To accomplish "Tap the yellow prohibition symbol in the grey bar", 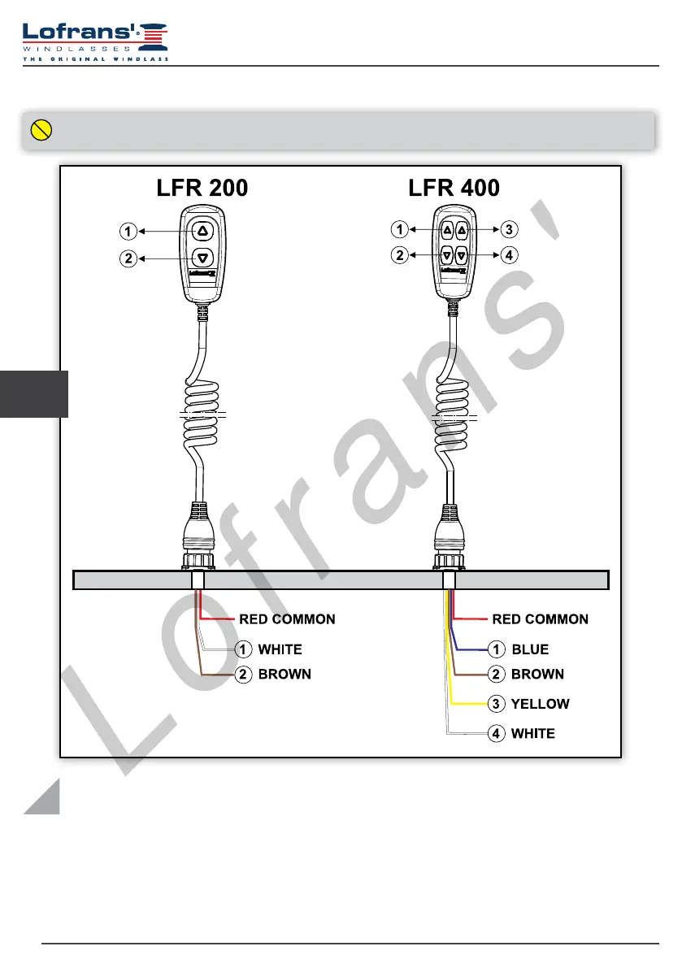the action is coord(41,129).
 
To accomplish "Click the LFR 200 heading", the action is coord(202,188).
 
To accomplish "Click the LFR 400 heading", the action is coord(454,188).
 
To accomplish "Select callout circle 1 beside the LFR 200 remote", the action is coord(128,232).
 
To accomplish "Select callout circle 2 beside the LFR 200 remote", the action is coord(128,258).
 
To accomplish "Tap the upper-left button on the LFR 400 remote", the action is coord(447,231).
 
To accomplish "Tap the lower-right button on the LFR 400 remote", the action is coord(461,255).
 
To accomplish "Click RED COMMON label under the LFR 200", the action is coord(286,619).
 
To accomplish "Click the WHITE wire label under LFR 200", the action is coord(280,649).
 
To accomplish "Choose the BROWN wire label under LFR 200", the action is coord(285,674).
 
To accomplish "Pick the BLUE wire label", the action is coord(530,649).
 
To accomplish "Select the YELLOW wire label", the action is coord(540,704).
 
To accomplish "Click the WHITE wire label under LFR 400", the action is coord(532,733).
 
